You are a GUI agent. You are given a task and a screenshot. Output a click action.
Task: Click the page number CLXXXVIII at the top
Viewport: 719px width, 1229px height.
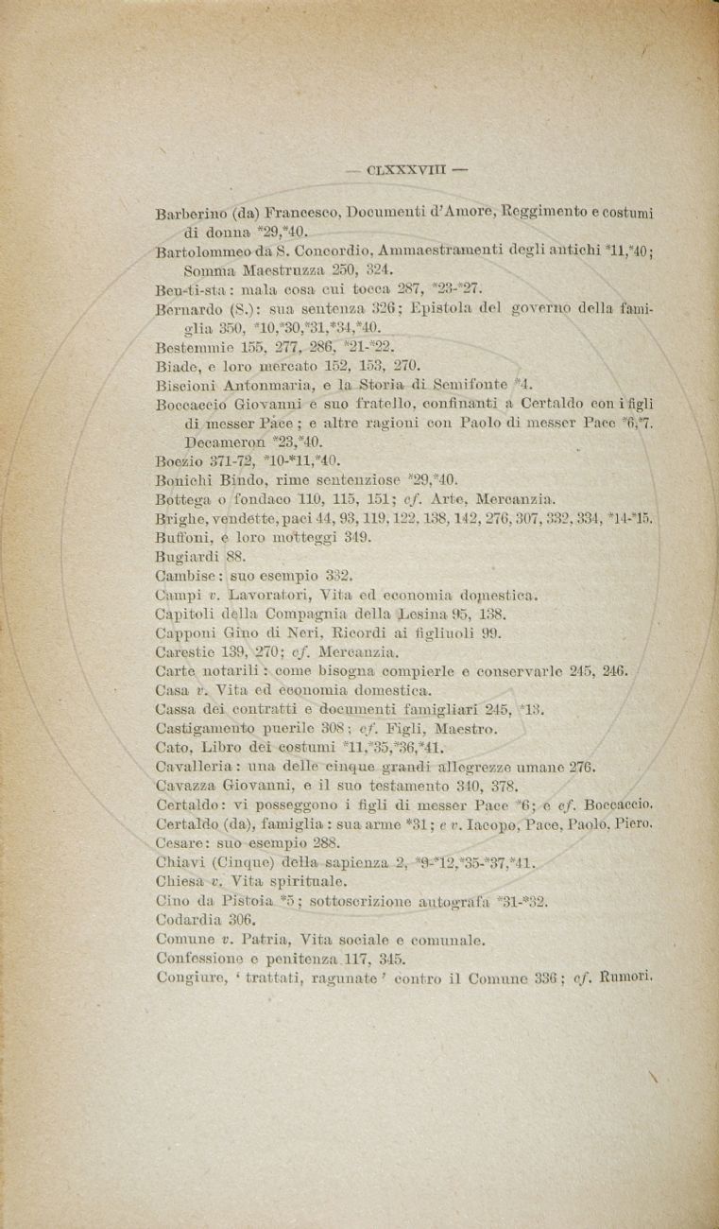point(406,171)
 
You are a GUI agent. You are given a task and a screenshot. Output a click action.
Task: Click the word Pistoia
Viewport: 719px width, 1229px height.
point(247,902)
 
